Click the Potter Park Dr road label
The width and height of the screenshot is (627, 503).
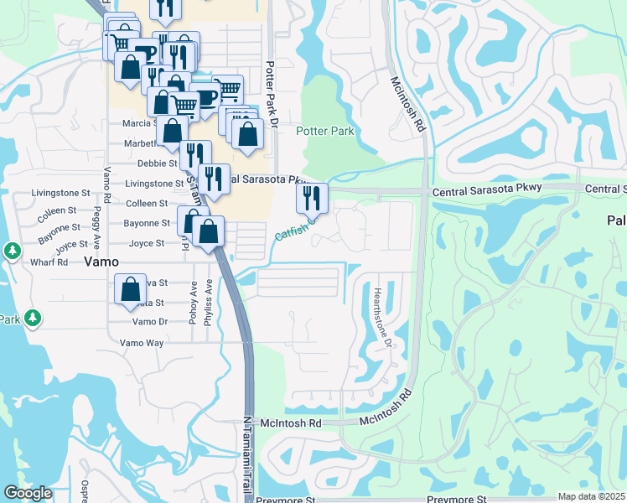(271, 94)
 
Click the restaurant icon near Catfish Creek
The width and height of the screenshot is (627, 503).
(312, 200)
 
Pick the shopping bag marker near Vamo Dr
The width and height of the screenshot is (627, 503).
(131, 290)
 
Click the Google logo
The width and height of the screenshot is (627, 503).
(28, 493)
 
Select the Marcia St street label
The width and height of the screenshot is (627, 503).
(140, 123)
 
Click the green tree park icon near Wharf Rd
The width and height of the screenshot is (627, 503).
(12, 251)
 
